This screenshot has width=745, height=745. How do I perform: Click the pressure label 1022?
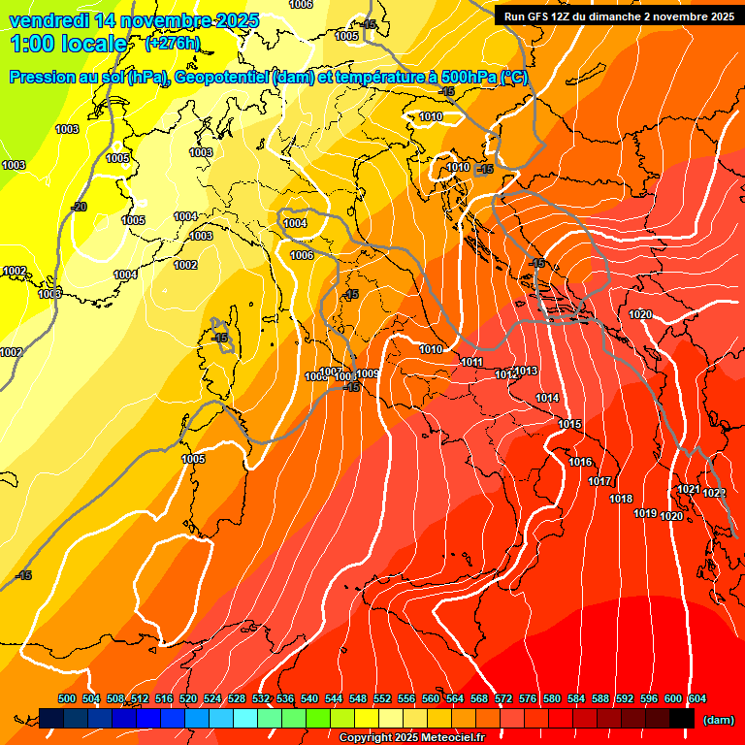(715, 493)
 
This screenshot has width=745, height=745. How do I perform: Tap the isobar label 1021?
(689, 490)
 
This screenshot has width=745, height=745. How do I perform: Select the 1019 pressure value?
(645, 513)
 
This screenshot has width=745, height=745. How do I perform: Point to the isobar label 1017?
(599, 481)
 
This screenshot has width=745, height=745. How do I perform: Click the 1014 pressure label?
(547, 398)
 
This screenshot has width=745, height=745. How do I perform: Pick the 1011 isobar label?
(472, 362)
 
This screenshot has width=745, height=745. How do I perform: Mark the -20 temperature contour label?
(79, 207)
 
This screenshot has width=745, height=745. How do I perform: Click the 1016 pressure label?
(580, 462)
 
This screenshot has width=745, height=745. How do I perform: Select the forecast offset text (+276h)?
(173, 44)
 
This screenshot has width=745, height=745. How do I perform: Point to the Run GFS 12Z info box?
(618, 16)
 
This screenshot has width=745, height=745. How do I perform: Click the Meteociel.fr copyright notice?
(411, 737)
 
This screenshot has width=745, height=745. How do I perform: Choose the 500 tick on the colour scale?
(67, 698)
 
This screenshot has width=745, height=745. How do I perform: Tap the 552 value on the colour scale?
(382, 698)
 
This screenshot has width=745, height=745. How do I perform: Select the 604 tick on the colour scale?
(696, 698)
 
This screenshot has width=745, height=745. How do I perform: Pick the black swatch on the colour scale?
(682, 718)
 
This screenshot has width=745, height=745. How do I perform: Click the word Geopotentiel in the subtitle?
(224, 78)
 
